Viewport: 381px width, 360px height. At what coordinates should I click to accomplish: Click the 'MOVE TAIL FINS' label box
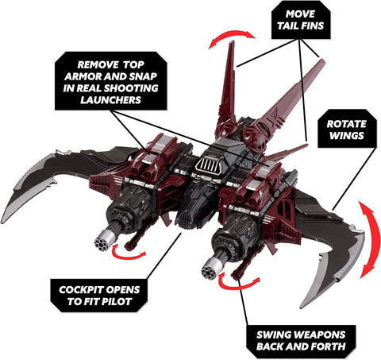pyautogui.click(x=301, y=20)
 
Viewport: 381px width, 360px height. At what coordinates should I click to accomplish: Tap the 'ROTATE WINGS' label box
pyautogui.click(x=347, y=130)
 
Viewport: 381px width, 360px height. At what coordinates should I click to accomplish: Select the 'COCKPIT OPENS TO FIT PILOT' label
pyautogui.click(x=99, y=296)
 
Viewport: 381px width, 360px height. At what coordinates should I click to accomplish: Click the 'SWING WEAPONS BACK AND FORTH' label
pyautogui.click(x=301, y=341)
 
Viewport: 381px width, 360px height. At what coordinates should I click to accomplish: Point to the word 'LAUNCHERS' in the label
pyautogui.click(x=110, y=100)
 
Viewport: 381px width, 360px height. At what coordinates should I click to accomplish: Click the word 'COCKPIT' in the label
pyautogui.click(x=78, y=290)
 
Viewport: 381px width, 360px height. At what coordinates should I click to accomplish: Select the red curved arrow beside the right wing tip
pyautogui.click(x=370, y=238)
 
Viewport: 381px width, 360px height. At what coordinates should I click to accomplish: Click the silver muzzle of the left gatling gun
pyautogui.click(x=102, y=241)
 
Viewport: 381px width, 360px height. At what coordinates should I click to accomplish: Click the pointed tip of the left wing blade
pyautogui.click(x=2, y=222)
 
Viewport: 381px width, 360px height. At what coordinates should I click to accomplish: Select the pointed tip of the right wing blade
pyautogui.click(x=302, y=308)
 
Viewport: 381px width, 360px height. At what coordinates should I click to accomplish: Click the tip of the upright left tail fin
pyautogui.click(x=233, y=41)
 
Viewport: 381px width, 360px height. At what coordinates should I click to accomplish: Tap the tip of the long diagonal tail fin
pyautogui.click(x=323, y=60)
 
